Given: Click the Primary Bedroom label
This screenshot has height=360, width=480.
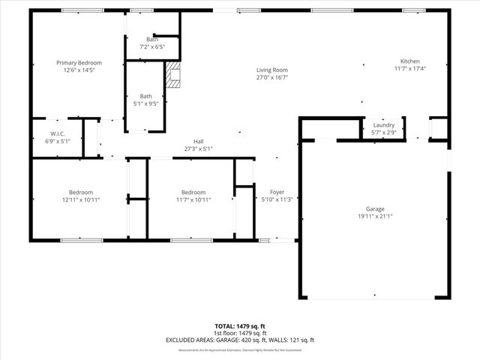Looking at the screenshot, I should click(x=79, y=63).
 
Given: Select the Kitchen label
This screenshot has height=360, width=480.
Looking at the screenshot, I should click(x=409, y=61).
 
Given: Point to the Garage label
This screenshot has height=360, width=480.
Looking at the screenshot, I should click(x=375, y=209).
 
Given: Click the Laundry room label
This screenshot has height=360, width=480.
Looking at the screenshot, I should click(x=384, y=125).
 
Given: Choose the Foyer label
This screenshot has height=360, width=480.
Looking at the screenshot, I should click(x=277, y=193).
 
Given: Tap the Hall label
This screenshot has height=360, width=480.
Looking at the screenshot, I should click(x=198, y=142).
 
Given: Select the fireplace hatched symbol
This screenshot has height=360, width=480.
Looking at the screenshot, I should click(x=173, y=76).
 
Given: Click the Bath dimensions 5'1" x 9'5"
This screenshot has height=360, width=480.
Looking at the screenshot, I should click(x=146, y=103).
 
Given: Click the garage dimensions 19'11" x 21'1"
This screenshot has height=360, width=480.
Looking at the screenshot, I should click(x=375, y=217).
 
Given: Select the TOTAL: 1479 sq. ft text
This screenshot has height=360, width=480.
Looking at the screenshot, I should click(x=240, y=326).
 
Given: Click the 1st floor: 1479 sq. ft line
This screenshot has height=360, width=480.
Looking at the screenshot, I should click(x=240, y=333).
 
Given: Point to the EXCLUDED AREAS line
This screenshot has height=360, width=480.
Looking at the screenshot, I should click(x=240, y=340).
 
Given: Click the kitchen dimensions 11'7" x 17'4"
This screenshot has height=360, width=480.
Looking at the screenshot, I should click(x=409, y=69).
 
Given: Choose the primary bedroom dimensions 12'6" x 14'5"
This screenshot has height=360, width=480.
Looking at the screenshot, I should click(x=79, y=70).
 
